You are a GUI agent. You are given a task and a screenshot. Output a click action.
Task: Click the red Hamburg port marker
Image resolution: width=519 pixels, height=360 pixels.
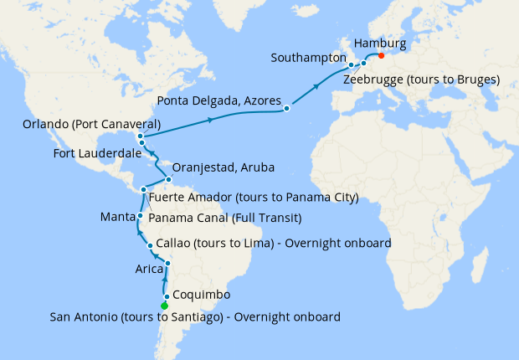coord(381,57)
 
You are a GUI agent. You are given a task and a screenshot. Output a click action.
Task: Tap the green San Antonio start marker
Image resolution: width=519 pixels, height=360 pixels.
coord(164,306)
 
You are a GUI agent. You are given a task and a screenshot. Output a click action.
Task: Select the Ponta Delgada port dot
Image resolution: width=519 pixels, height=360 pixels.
coord(287,108)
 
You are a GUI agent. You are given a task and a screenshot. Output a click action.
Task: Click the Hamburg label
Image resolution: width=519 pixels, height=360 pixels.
coord(380,43)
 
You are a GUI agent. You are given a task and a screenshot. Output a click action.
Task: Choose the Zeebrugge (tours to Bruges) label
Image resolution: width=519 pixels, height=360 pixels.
coord(422,80)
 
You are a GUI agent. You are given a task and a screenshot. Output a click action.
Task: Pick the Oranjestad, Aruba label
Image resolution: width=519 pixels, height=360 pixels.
coord(227,167)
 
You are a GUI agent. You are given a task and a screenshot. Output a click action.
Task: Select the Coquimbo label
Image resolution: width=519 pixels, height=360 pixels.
coord(202,296)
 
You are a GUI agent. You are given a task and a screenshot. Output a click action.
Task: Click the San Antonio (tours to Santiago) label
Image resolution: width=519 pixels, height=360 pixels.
coord(195,316)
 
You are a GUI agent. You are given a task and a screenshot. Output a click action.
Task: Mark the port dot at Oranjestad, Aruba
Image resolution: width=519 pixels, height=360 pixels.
coord(169,179)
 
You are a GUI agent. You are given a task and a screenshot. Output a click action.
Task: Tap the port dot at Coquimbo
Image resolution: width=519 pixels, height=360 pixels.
coord(167,296)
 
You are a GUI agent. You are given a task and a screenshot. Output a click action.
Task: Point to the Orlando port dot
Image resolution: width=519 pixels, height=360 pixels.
coord(139,136)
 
